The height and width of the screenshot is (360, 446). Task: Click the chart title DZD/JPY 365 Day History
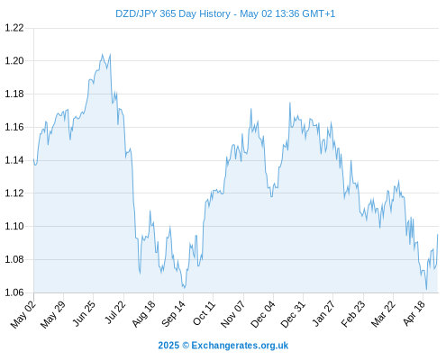[x=173, y=13]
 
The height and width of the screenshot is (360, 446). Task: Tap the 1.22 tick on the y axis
[x=14, y=28]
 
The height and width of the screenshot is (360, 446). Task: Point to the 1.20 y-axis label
[x=14, y=61]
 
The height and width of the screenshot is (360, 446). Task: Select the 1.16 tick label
[x=14, y=127]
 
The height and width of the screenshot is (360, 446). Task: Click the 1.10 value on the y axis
[x=14, y=226]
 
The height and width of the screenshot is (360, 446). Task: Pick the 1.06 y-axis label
[x=14, y=292]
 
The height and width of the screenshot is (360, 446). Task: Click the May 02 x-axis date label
[x=23, y=314]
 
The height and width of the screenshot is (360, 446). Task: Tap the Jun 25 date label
[x=84, y=313]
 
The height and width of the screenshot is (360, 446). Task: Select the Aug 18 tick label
[x=144, y=314]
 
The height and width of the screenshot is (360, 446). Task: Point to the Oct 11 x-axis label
[x=205, y=314]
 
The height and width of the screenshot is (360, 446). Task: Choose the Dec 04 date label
[x=263, y=314]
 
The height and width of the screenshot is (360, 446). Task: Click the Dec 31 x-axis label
[x=293, y=314]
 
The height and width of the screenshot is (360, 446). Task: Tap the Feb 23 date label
[x=353, y=314]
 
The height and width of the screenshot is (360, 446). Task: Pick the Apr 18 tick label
[x=414, y=313]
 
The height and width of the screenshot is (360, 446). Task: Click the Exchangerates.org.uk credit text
[x=240, y=346]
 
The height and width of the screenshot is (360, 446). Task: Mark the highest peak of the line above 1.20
[x=103, y=54]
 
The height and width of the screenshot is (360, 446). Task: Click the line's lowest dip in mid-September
[x=184, y=288]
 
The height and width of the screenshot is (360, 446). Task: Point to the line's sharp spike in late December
[x=290, y=103]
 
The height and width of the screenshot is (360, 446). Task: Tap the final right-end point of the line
[x=438, y=235]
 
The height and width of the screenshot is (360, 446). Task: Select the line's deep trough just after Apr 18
[x=426, y=289]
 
